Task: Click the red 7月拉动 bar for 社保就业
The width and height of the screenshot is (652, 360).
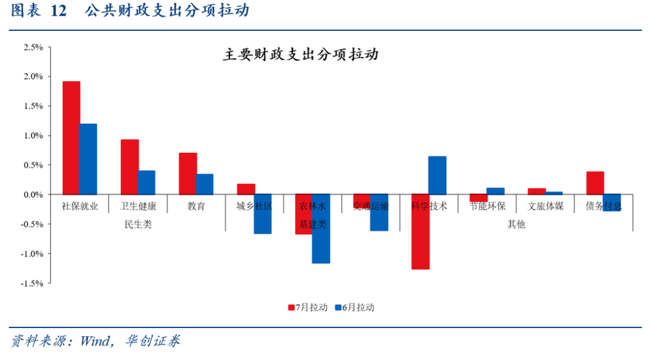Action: coord(71,138)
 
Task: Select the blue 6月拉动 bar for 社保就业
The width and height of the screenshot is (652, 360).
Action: coord(88,159)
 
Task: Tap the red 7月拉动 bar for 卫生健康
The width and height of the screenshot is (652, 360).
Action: coord(130,167)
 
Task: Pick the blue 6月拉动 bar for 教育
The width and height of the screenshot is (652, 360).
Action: coord(205,184)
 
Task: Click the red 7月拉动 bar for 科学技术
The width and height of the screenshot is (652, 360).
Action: coord(420,231)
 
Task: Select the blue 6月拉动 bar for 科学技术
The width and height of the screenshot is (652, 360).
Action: coord(437,175)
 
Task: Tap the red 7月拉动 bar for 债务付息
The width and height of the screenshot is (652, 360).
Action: coord(595,183)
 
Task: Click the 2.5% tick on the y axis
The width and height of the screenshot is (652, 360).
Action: coord(33,47)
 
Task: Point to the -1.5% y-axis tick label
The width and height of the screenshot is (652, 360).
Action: coord(32,283)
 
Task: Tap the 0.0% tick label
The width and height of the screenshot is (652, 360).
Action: coord(33,194)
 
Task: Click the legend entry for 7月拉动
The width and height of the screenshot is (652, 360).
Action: coord(308,307)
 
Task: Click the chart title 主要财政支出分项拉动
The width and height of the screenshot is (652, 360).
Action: coord(300,56)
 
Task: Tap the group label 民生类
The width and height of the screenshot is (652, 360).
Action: coord(138,224)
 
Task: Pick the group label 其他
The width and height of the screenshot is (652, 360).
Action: coord(516,224)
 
